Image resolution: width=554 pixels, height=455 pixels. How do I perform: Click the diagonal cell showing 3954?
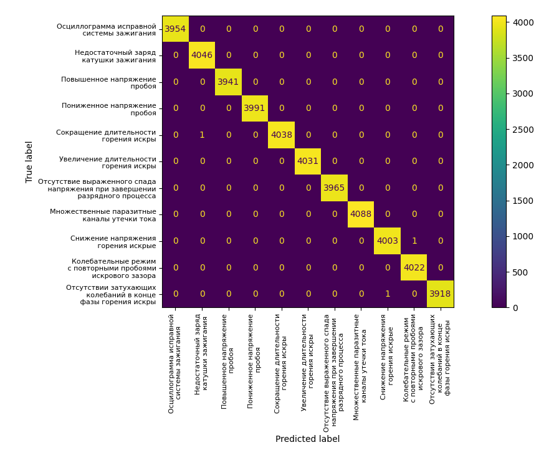click(175, 29)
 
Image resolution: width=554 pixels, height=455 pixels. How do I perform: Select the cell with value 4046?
click(202, 55)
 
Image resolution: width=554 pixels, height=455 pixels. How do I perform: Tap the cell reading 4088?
click(361, 214)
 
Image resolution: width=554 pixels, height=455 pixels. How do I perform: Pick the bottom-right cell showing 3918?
click(440, 294)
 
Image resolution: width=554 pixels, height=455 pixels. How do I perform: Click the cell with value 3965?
click(334, 188)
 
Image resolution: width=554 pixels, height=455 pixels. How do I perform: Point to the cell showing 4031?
click(308, 161)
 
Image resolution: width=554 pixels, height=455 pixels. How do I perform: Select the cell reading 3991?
click(255, 108)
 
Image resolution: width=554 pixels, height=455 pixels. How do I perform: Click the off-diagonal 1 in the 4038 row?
click(202, 135)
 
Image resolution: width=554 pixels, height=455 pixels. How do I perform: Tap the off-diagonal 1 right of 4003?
click(414, 241)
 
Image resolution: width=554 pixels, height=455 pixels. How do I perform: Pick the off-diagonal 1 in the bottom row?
click(387, 294)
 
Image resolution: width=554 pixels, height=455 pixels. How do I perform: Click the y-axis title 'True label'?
click(29, 161)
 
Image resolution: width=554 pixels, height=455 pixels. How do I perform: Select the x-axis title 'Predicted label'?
click(307, 439)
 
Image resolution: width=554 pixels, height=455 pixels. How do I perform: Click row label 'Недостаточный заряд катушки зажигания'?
click(115, 56)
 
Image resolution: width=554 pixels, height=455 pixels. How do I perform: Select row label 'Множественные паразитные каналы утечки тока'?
click(103, 215)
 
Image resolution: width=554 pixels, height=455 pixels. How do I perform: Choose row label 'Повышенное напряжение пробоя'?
click(108, 82)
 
